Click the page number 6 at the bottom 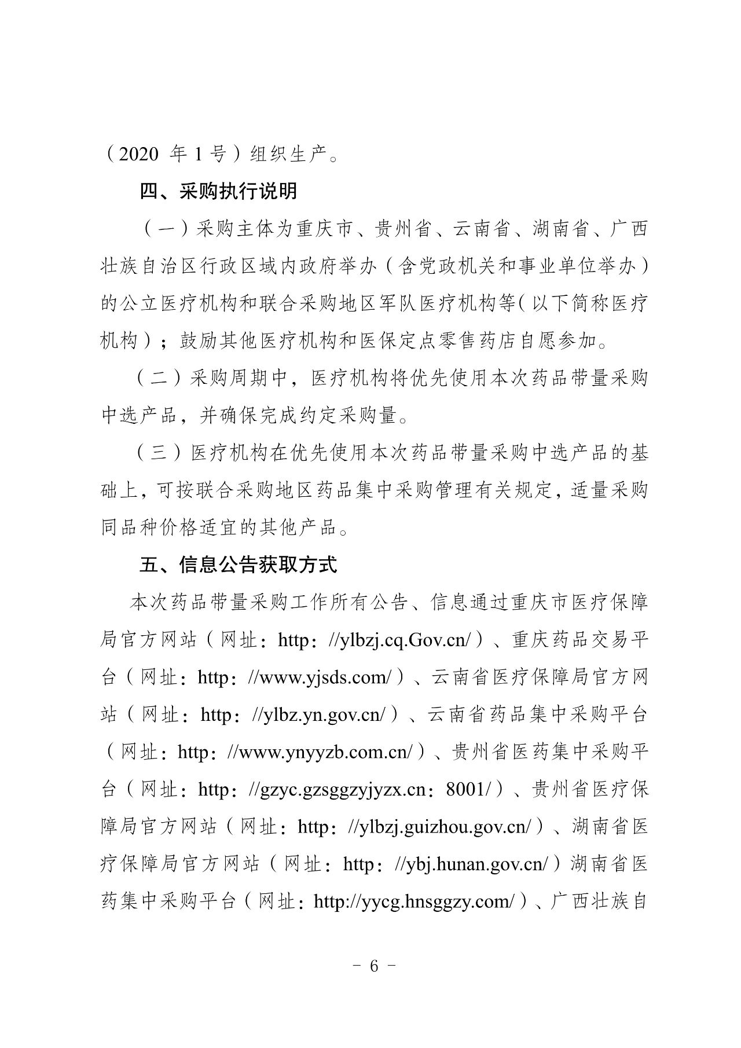pyautogui.click(x=373, y=966)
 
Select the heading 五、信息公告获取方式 pyautogui.click(x=238, y=565)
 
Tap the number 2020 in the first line pyautogui.click(x=138, y=155)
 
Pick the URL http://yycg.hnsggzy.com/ pyautogui.click(x=413, y=902)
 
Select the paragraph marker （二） pyautogui.click(x=160, y=379)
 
